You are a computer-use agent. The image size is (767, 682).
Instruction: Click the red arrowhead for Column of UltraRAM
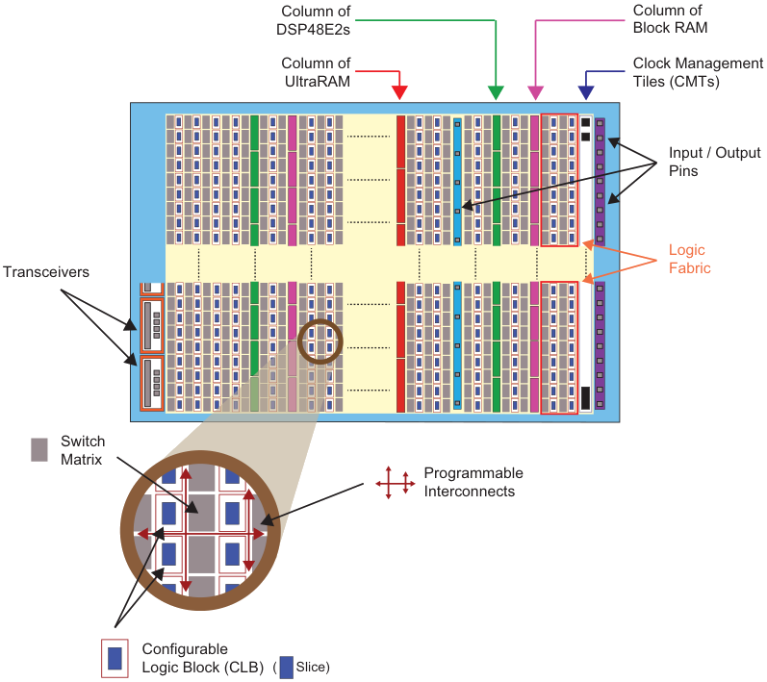[399, 92]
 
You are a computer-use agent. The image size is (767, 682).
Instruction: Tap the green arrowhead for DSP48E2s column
[496, 92]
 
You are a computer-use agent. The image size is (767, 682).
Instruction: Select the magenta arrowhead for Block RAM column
[536, 92]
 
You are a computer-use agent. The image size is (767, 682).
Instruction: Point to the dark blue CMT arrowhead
[586, 92]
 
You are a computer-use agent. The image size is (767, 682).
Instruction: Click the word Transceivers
[46, 272]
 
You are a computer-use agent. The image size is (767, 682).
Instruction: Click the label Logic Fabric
[690, 259]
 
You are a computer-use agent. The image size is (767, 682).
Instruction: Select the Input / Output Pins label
[715, 162]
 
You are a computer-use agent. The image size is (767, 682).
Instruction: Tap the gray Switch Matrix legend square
[39, 450]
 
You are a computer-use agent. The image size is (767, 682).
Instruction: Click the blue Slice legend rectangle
[286, 668]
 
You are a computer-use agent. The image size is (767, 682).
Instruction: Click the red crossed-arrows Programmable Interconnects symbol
[396, 483]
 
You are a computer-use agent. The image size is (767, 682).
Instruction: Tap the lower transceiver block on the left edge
[152, 383]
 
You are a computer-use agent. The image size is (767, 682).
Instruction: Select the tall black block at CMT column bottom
[585, 398]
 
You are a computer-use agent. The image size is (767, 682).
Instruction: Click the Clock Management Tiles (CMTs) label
[698, 72]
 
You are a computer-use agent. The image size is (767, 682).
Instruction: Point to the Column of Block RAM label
[670, 19]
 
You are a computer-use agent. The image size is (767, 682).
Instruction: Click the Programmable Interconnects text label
[473, 482]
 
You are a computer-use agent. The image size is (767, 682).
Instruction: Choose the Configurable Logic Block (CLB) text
[203, 658]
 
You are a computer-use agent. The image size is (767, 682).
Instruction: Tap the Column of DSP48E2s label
[313, 20]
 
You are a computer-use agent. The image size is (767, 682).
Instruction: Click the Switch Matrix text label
[82, 450]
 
